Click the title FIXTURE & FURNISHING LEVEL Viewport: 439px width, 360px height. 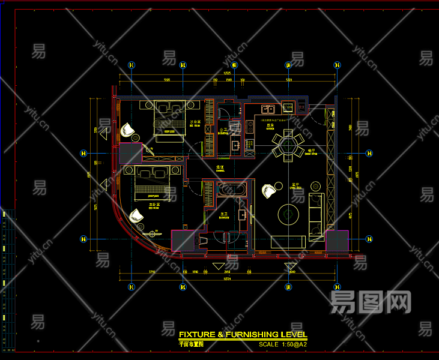[243, 334]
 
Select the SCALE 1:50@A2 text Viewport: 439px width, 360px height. [283, 344]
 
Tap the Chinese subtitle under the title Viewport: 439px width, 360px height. [192, 344]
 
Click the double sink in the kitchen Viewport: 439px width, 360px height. [268, 109]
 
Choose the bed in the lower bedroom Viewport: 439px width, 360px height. [153, 182]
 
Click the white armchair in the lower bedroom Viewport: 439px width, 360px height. [137, 215]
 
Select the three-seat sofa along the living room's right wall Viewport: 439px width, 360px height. [316, 213]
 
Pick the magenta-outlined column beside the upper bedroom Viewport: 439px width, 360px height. [130, 153]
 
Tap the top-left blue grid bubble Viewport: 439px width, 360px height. [132, 65]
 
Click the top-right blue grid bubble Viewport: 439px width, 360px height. [338, 65]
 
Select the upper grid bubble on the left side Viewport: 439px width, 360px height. [83, 152]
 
